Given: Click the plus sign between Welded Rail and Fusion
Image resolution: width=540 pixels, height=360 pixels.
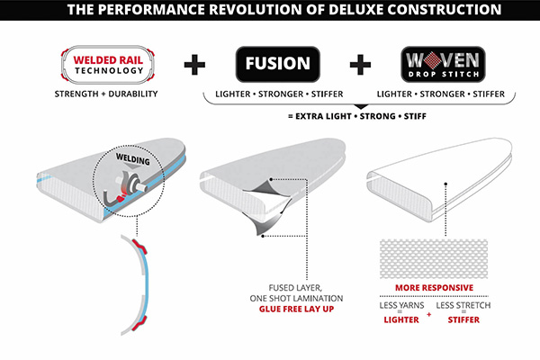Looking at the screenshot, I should point(193,65).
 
